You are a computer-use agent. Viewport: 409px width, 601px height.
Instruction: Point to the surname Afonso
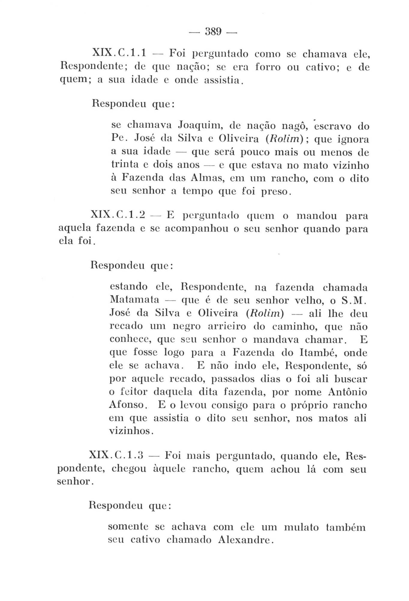point(127,405)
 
